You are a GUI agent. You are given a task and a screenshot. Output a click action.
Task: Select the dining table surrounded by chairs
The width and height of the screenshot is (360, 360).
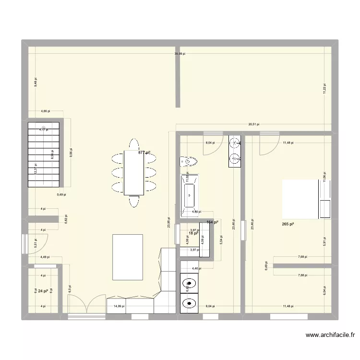[x=134, y=172]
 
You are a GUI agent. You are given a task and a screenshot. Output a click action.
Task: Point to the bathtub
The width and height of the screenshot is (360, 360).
[x=190, y=194]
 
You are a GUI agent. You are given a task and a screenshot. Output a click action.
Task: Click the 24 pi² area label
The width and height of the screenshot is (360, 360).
[x=43, y=291]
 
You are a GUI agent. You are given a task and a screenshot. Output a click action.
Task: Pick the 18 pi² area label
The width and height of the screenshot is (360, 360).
[x=193, y=233]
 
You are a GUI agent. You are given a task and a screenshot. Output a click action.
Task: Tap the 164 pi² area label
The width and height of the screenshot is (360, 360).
[x=212, y=222]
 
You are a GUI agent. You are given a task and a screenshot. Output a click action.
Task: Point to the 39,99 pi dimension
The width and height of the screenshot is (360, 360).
[x=180, y=54]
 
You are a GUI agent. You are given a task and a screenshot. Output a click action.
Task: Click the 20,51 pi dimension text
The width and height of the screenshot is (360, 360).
[x=253, y=124]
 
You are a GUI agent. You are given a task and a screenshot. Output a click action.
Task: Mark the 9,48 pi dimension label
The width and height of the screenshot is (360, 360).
[x=35, y=82]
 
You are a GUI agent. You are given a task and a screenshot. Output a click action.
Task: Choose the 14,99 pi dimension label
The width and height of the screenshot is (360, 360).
[x=118, y=306]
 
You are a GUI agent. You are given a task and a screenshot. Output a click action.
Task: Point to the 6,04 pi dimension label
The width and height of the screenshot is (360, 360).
[x=324, y=291]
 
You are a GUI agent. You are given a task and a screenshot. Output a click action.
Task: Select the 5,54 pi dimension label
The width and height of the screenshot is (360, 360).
[x=221, y=240]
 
